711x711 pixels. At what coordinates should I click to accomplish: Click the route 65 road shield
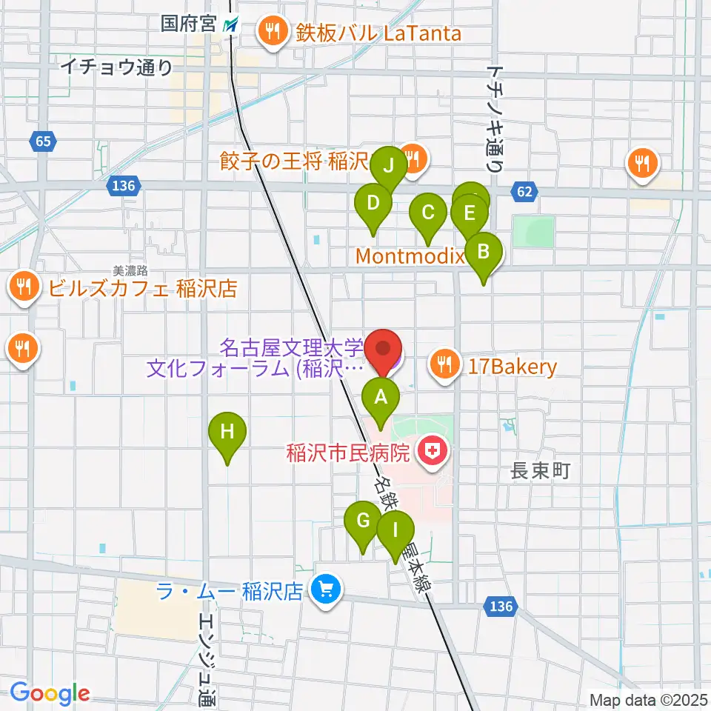(43, 140)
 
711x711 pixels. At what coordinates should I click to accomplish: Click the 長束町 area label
(541, 471)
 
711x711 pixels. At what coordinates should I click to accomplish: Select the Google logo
(50, 693)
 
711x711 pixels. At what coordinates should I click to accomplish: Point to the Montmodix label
(410, 256)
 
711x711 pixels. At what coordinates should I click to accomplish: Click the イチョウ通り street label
(116, 67)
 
